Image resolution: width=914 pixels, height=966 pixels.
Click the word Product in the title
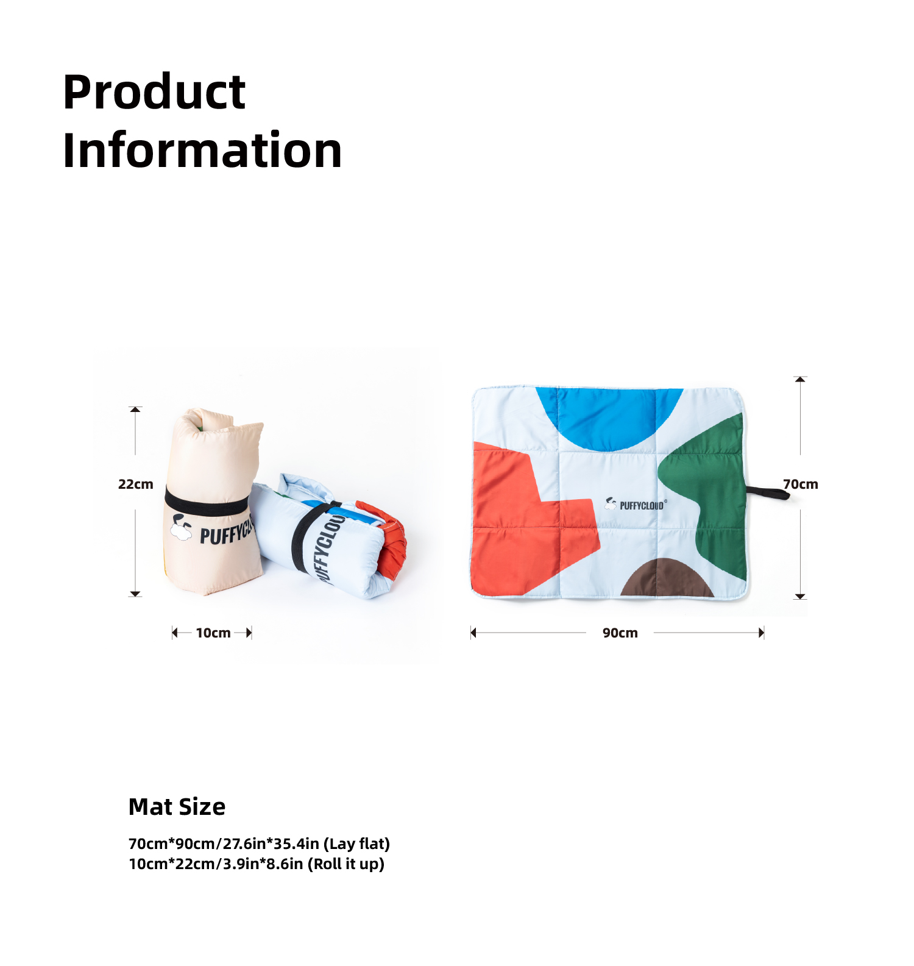coord(154,93)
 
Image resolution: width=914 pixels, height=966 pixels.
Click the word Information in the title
coord(202,150)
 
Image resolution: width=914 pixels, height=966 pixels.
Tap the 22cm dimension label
coord(135,485)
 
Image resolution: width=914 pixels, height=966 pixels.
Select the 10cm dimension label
coord(213,633)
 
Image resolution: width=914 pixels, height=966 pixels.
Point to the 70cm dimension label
coord(801,485)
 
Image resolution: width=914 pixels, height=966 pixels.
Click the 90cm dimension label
coord(620,633)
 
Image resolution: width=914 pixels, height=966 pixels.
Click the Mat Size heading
coord(177,807)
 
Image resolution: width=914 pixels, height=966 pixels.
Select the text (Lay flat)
coord(356,844)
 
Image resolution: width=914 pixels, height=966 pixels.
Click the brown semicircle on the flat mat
coord(667,579)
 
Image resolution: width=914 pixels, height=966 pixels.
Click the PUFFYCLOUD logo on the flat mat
coord(636,504)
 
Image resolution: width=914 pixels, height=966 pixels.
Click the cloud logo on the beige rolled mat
coord(180,528)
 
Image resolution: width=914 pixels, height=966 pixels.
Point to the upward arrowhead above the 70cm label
coord(801,379)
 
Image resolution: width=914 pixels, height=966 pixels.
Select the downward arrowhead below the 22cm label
coord(135,594)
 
